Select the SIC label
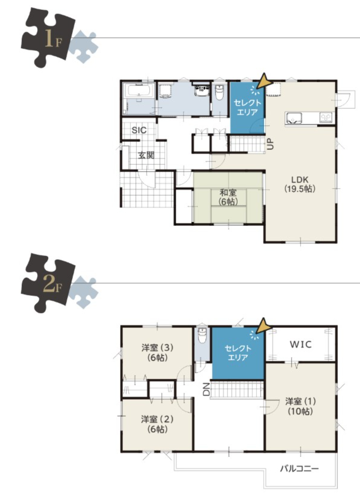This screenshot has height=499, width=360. [139, 130]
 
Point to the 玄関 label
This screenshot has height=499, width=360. [146, 155]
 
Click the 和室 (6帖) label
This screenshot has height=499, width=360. [228, 197]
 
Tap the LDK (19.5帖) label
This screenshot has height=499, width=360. [300, 184]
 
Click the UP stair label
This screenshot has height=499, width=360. [270, 144]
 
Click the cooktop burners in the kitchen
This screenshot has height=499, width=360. [325, 118]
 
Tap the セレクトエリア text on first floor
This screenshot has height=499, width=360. [247, 107]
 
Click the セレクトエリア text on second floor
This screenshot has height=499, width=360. [238, 353]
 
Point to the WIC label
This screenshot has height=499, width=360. [301, 344]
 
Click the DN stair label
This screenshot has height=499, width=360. [207, 389]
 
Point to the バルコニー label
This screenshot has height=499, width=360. [299, 468]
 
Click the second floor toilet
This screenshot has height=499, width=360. [202, 335]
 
